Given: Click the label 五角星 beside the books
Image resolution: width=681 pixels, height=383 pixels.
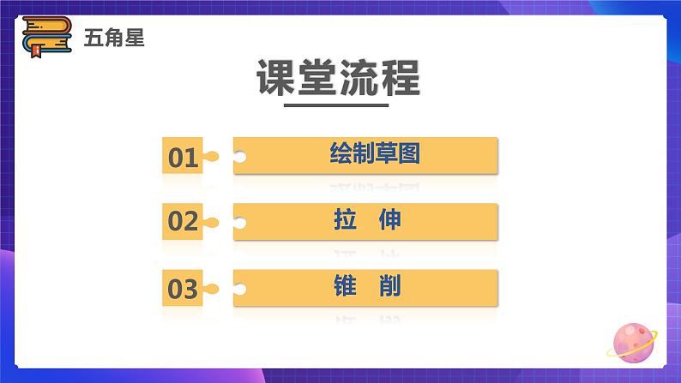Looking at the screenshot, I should (x=114, y=38).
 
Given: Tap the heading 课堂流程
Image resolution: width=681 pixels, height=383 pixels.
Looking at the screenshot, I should (x=339, y=79).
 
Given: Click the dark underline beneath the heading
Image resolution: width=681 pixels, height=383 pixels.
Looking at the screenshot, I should (x=336, y=106).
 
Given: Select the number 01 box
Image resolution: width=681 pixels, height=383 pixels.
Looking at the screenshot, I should (x=183, y=157).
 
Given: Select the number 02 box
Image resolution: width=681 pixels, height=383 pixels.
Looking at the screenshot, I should (x=183, y=222).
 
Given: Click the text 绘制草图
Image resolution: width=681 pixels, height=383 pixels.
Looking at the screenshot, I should (x=374, y=154).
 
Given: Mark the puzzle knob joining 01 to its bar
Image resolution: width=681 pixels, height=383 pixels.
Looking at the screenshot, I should (x=211, y=157).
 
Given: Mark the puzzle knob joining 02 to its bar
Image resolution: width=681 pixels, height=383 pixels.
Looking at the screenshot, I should (x=211, y=222).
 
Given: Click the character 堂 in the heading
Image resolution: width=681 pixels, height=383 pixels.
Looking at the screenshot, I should (x=318, y=79).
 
